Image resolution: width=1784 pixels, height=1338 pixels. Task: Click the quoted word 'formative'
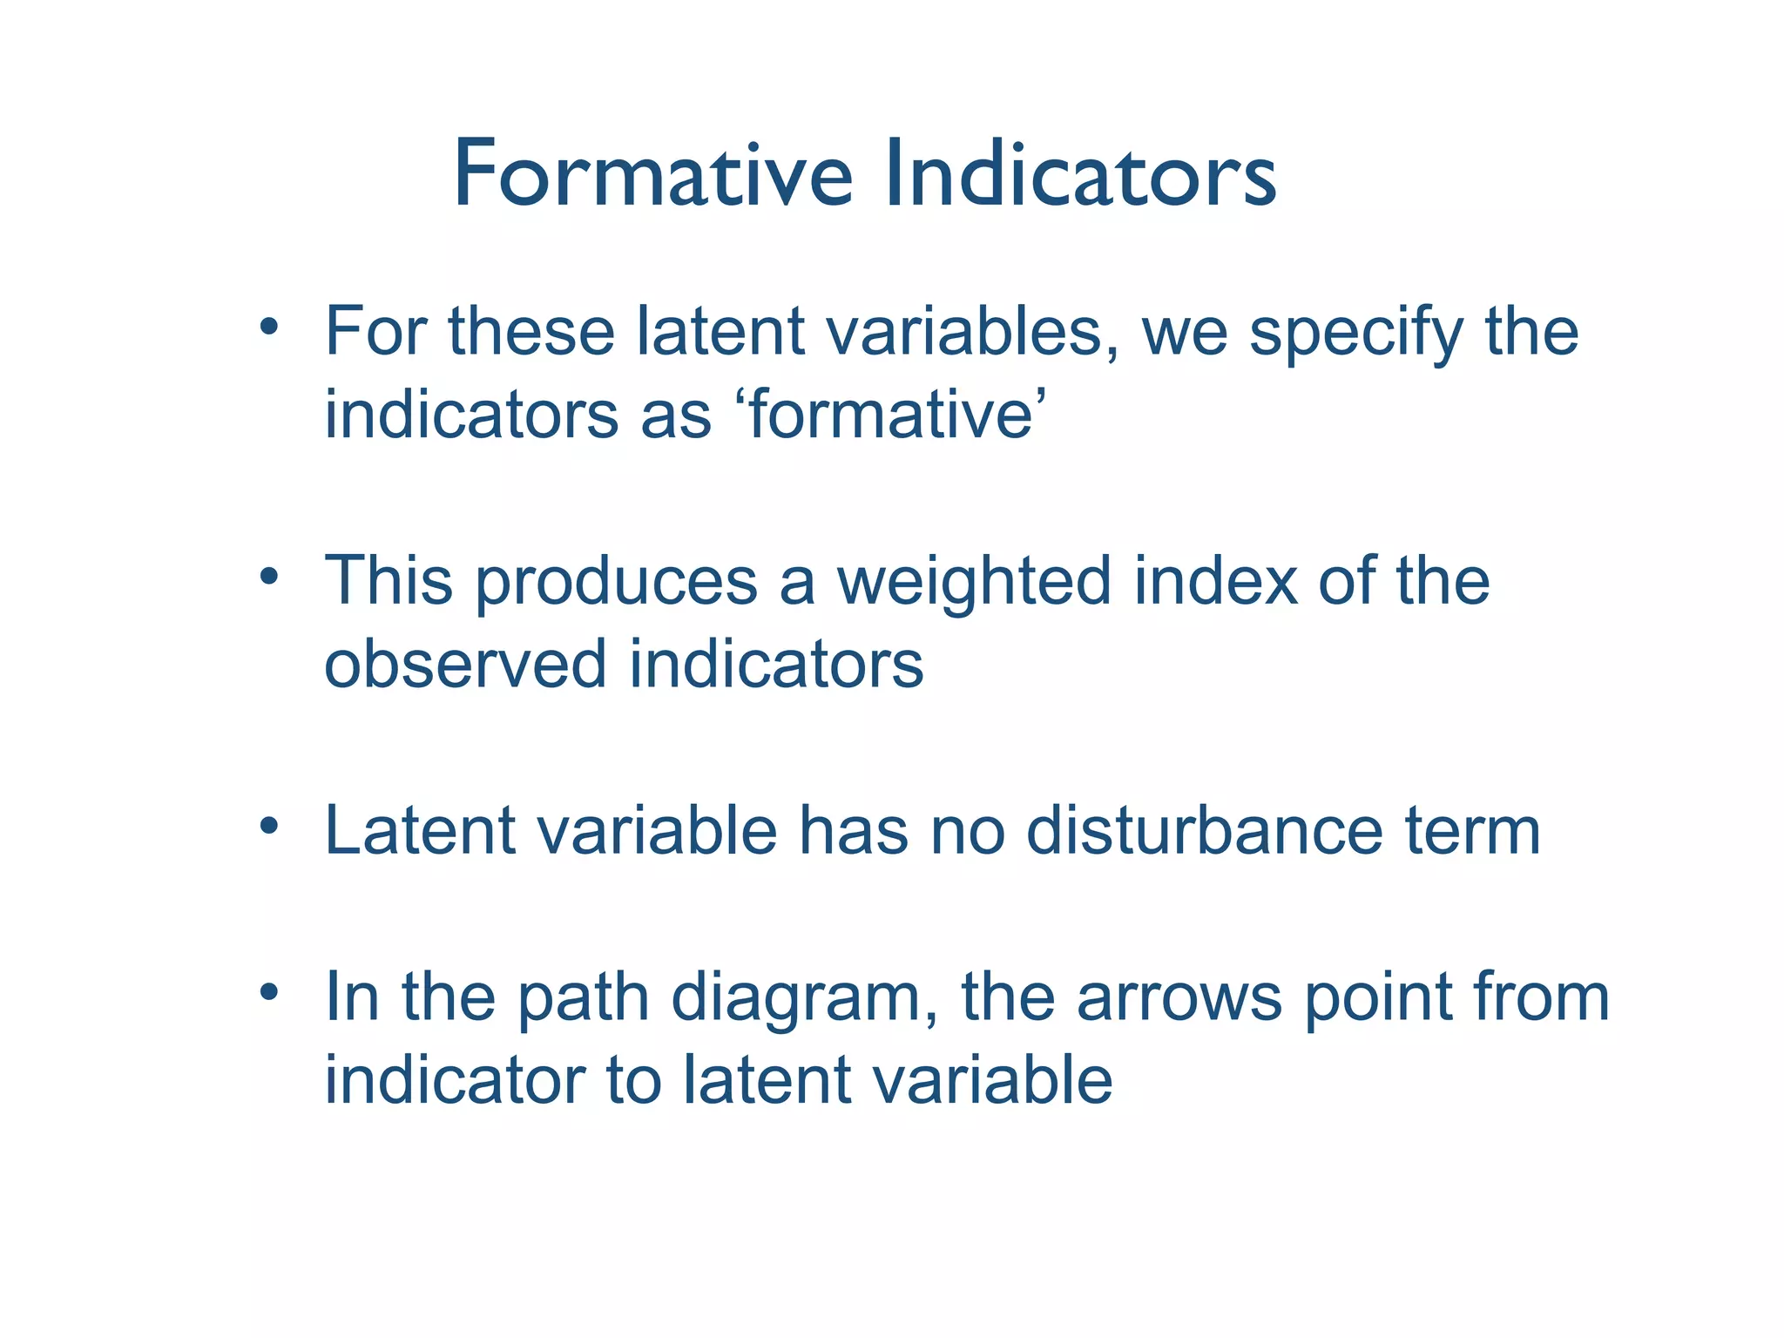coord(891,415)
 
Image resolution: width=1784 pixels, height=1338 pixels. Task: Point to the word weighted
coord(974,581)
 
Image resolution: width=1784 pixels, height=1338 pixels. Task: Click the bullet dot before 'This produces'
coord(269,577)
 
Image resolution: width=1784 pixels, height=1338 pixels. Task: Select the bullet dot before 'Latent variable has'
coord(269,825)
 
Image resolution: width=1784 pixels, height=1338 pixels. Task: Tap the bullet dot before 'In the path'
coord(269,991)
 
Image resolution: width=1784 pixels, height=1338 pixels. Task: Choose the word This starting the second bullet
coord(389,581)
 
